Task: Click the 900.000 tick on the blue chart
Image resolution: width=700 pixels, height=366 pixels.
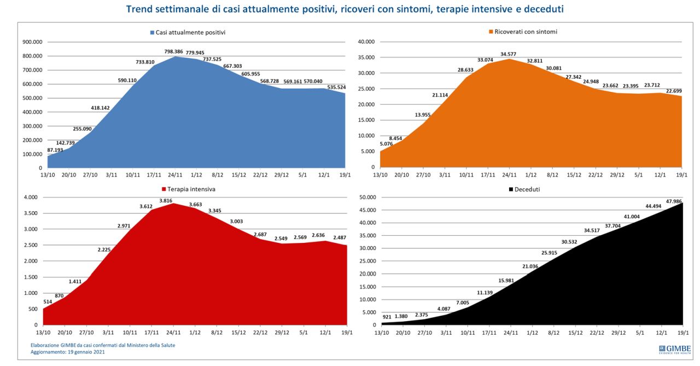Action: [31, 42]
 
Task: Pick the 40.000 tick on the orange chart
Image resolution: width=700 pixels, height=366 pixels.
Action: [365, 42]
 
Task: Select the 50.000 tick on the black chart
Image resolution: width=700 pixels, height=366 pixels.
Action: [365, 197]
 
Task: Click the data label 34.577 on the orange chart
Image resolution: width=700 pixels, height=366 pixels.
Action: [509, 53]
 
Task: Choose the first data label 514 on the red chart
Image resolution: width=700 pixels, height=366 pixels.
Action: [48, 301]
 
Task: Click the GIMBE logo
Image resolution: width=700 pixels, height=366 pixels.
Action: [674, 350]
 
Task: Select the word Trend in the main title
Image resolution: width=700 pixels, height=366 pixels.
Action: [139, 9]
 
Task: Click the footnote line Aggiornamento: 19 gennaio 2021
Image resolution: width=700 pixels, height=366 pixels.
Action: [67, 352]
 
